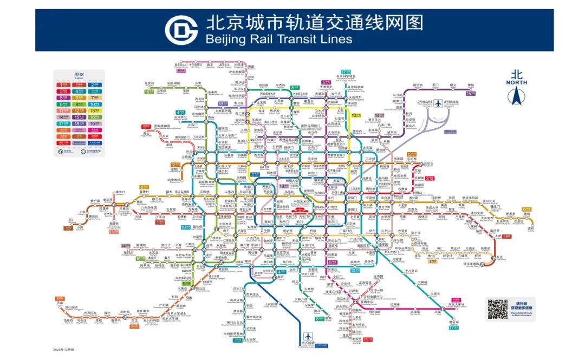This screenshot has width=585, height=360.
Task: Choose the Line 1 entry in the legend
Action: tap(64, 84)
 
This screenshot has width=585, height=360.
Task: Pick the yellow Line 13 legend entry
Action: tap(95, 110)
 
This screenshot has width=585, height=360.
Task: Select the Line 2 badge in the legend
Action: tap(95, 84)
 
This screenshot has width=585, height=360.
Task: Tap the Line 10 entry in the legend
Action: tap(95, 104)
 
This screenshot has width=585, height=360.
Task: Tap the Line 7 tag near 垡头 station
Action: tap(433, 261)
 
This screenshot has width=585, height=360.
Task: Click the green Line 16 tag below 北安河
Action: tap(148, 91)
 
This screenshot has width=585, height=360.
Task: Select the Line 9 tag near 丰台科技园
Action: tap(186, 283)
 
